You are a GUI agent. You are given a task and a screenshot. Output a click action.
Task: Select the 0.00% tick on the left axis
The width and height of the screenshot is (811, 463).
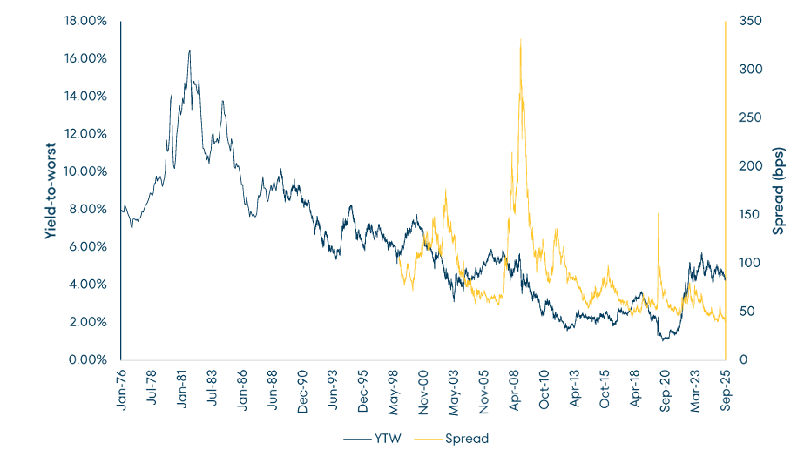click(x=89, y=359)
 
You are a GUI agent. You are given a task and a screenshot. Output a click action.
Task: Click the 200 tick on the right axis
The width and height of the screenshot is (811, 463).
click(x=748, y=166)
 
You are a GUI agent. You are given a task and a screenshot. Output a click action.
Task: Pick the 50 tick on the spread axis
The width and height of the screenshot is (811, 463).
click(x=746, y=312)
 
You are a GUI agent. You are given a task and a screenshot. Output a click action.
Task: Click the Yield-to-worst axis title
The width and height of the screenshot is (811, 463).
click(x=51, y=191)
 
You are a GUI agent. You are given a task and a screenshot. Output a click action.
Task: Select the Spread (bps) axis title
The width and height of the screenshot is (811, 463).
click(x=779, y=191)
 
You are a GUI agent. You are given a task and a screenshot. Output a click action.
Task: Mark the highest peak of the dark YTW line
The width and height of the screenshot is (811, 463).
click(x=189, y=50)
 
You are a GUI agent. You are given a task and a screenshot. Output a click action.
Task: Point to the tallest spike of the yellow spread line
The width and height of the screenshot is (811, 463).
click(x=520, y=39)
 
